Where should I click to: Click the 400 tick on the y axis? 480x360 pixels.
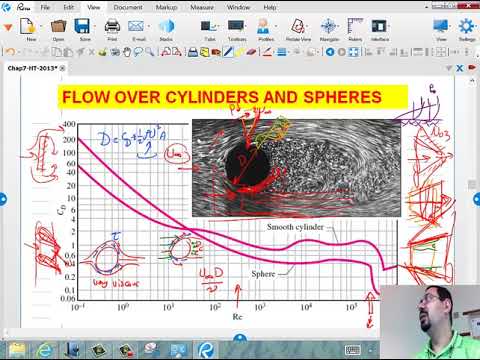68,125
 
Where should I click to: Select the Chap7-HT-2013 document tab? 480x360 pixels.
29,66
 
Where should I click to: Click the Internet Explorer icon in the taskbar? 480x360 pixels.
44,350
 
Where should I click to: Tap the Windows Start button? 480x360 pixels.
11,350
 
